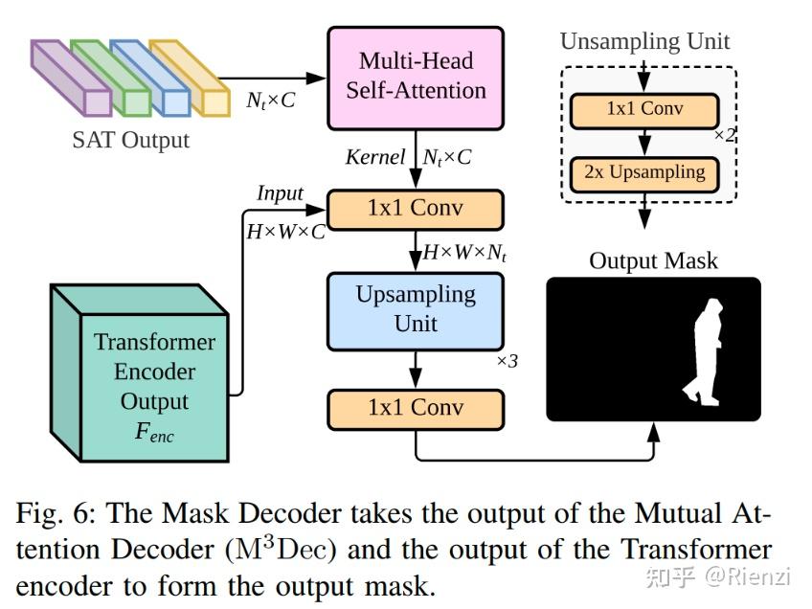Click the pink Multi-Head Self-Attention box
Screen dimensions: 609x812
(x=416, y=78)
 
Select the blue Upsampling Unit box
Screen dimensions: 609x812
(x=416, y=310)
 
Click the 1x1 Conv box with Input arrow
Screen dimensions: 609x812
(x=416, y=208)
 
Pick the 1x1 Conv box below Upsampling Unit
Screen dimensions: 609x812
(x=416, y=408)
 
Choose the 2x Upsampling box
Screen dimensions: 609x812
(x=644, y=173)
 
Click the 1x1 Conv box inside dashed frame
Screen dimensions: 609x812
(x=644, y=109)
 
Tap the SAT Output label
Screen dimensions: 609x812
(x=131, y=140)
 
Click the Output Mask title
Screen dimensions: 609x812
(x=653, y=260)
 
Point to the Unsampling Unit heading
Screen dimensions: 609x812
(x=644, y=41)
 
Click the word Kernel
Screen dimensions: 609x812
(x=374, y=157)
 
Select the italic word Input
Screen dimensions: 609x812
(x=280, y=193)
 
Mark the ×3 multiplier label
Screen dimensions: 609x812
(x=507, y=362)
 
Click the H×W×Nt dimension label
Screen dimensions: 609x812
(x=464, y=253)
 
